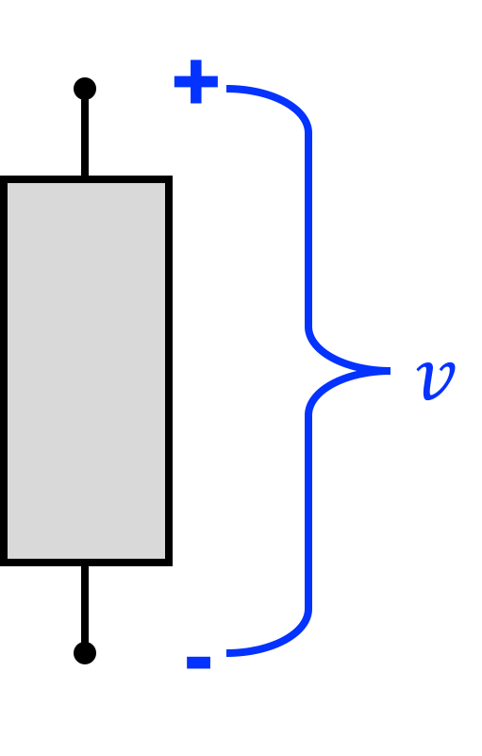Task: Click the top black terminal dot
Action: pos(85,89)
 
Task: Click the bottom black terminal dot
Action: pos(85,653)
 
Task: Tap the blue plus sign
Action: pos(195,81)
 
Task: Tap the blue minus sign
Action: pos(199,663)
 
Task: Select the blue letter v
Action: pos(436,381)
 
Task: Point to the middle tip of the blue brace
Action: pos(390,371)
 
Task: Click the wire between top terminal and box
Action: pos(85,138)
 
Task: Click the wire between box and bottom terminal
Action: pos(85,604)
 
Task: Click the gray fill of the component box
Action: pos(86,371)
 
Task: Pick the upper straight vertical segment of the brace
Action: pos(308,230)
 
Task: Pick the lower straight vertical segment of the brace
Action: pos(308,511)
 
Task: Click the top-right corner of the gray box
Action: pos(171,176)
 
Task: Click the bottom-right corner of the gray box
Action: pos(171,564)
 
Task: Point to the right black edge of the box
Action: pos(169,371)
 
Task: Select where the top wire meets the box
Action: pos(85,176)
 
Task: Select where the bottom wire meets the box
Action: pos(85,565)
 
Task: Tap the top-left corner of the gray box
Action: pos(2,176)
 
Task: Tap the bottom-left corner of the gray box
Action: pos(2,564)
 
